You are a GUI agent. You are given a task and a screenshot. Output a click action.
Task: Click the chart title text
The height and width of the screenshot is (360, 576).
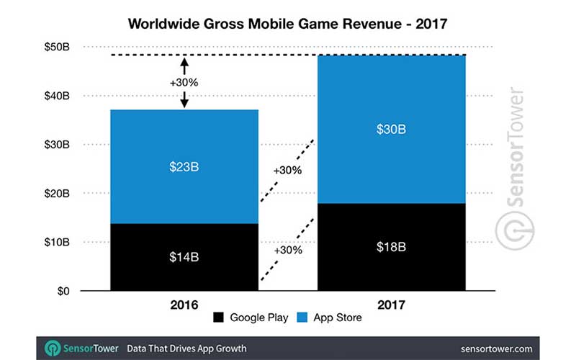click(x=287, y=23)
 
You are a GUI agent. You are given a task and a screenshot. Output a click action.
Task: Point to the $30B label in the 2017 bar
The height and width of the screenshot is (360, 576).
click(x=392, y=130)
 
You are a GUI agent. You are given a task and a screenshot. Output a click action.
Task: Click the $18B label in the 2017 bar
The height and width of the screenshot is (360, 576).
click(x=392, y=246)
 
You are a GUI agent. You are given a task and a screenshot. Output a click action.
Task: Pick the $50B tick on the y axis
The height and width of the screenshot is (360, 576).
click(x=58, y=47)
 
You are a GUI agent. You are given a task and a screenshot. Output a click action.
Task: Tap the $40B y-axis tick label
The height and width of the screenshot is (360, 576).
click(x=58, y=96)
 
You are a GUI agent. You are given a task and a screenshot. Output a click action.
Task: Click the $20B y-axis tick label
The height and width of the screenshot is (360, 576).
click(x=58, y=194)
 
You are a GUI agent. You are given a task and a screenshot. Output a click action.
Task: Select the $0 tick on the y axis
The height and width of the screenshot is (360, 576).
click(x=63, y=292)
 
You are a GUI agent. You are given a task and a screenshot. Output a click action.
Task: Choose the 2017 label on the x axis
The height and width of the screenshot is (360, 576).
click(x=392, y=305)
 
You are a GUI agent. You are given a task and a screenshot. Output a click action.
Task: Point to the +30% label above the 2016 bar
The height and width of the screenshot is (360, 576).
click(x=184, y=83)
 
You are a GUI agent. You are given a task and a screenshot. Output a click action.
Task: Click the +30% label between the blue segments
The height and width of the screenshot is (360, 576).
click(x=287, y=171)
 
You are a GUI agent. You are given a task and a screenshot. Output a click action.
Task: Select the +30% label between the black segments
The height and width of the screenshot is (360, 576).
click(x=287, y=250)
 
